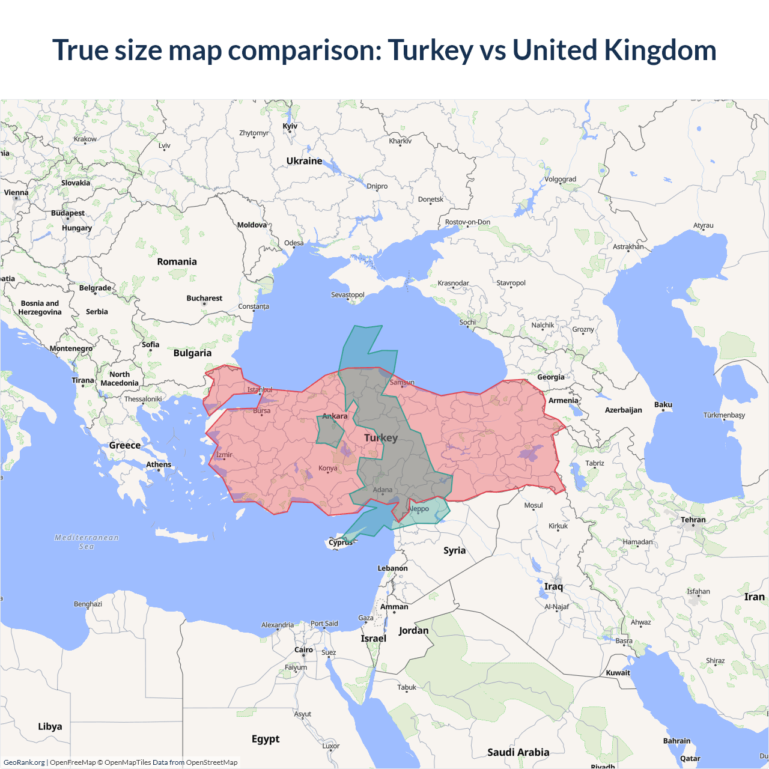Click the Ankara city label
[x=335, y=416]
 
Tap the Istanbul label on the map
[x=260, y=390]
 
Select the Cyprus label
[x=341, y=543]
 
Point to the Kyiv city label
[x=290, y=126]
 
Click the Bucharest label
[x=204, y=299]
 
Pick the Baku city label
[x=663, y=405]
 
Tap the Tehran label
[x=693, y=520]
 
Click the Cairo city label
[x=303, y=650]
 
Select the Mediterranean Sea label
[x=87, y=542]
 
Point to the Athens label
[x=159, y=464]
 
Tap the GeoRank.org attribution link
[x=24, y=762]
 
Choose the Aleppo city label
[x=418, y=509]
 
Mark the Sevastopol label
[x=348, y=295]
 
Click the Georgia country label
[x=551, y=377]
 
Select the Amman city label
[x=394, y=607]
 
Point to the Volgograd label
[x=560, y=179]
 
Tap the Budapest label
[x=68, y=213]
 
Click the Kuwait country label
[x=618, y=673]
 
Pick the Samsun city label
[x=402, y=383]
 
